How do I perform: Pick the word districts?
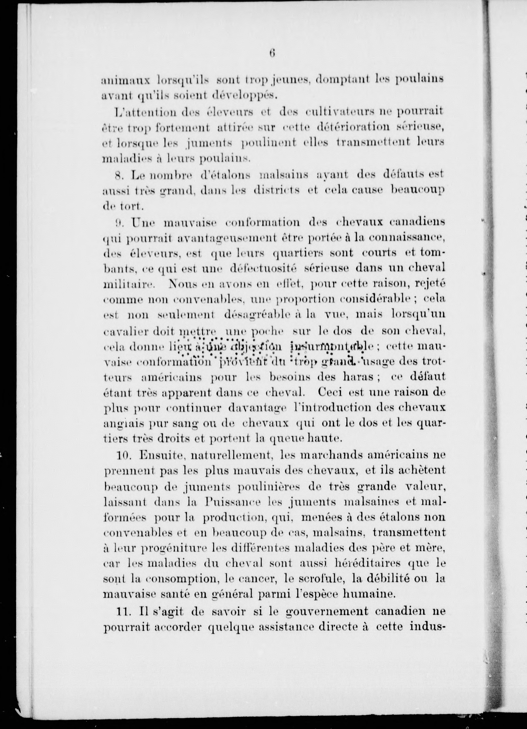pos(277,190)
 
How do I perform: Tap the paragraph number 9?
pos(119,222)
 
